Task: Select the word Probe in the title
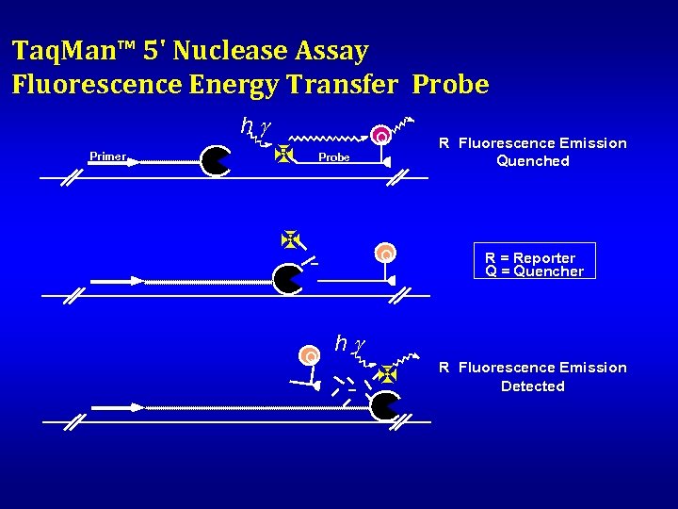coord(450,85)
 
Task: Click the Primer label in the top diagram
coord(107,156)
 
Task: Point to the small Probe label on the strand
coord(333,157)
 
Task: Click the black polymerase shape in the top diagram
coord(216,161)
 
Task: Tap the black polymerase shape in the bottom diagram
coord(384,406)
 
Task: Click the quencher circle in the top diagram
coord(380,138)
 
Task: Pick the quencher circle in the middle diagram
coord(385,254)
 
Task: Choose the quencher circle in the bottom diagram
coord(309,355)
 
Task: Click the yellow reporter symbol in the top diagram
coord(283,154)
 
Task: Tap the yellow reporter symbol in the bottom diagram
coord(386,374)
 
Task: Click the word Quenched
coord(533,161)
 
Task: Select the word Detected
coord(533,386)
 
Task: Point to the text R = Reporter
coord(529,258)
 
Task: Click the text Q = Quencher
coord(534,271)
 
